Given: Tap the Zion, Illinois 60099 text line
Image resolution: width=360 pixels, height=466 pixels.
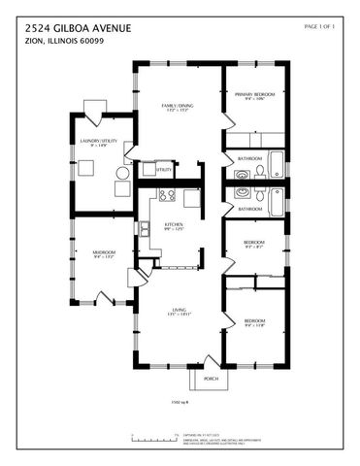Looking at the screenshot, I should click(58, 41).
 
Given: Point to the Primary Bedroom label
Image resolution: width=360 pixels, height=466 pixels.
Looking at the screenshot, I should click(254, 95).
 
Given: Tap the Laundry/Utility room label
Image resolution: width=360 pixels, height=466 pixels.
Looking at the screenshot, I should click(85, 143).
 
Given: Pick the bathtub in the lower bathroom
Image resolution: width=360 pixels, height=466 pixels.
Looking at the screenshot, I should click(277, 200).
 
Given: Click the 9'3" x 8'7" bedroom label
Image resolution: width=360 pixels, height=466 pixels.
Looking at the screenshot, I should click(254, 245).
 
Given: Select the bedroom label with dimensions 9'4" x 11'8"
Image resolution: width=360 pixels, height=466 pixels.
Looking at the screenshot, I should click(254, 322).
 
